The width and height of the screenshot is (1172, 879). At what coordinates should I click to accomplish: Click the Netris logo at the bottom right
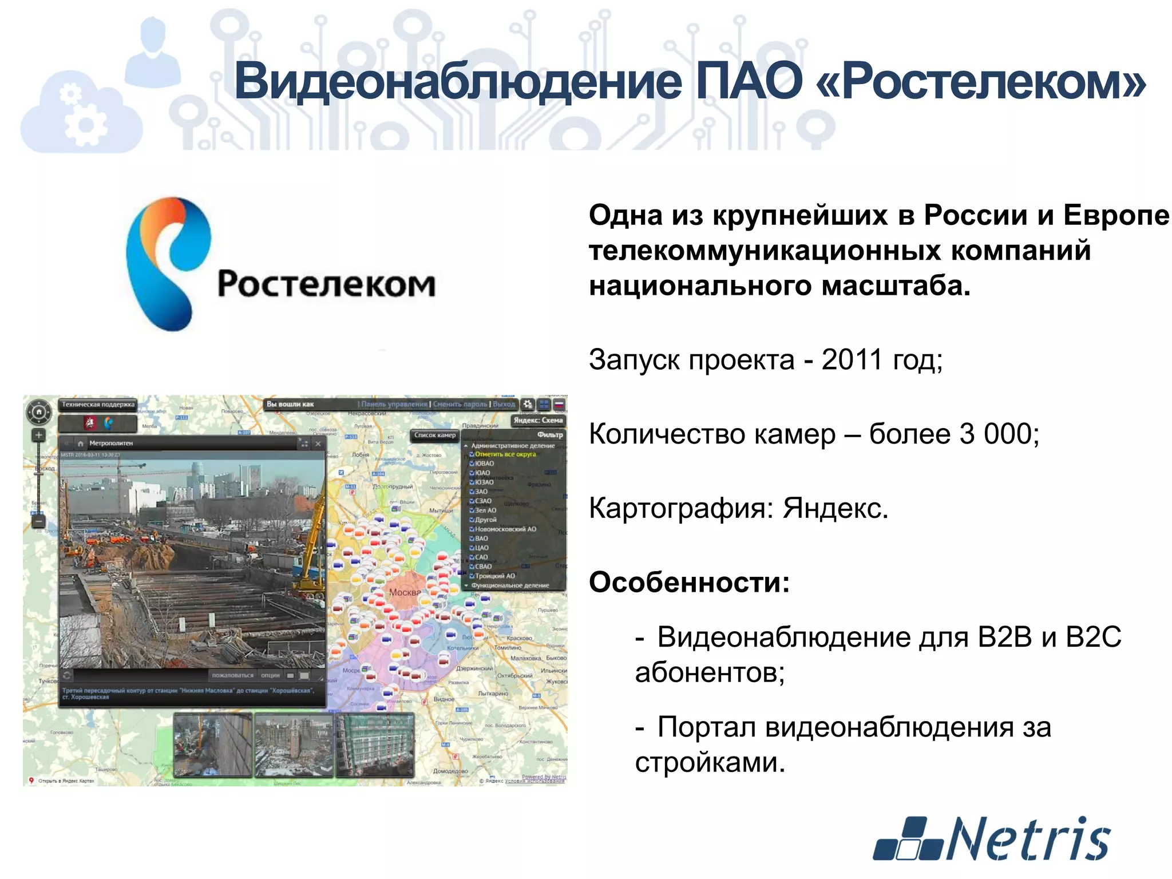tap(992, 838)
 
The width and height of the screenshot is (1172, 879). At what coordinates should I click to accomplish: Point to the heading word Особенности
tap(688, 583)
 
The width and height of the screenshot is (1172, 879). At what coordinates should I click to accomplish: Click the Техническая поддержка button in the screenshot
tap(98, 405)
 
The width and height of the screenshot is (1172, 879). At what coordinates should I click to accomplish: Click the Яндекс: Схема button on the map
tap(538, 420)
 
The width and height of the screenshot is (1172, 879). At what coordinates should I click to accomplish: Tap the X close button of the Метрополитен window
tap(318, 444)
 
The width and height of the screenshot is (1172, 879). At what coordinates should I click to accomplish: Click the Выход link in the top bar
tap(504, 404)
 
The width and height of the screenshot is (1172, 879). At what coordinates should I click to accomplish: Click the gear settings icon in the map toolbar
tap(528, 404)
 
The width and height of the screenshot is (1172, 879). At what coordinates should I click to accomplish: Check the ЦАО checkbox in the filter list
tap(472, 548)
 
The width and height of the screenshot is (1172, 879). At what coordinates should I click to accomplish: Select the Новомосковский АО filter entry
tap(505, 529)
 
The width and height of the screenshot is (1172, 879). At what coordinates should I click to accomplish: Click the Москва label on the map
tap(405, 592)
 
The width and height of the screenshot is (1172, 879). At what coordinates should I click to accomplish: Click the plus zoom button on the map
tap(38, 435)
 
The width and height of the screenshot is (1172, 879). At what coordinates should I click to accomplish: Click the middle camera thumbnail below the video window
tap(294, 744)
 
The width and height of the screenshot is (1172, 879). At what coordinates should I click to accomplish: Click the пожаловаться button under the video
tap(232, 675)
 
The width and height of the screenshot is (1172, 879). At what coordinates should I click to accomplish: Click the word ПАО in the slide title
tap(749, 81)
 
